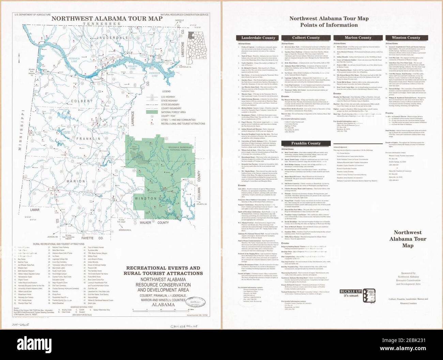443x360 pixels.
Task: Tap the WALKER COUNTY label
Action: [153, 223]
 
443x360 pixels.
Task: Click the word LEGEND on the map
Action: [166, 92]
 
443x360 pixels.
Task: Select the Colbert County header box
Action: [306, 38]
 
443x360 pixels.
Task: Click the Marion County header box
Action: [358, 38]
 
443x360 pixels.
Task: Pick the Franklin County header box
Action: [306, 143]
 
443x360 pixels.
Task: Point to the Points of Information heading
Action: [323, 25]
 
